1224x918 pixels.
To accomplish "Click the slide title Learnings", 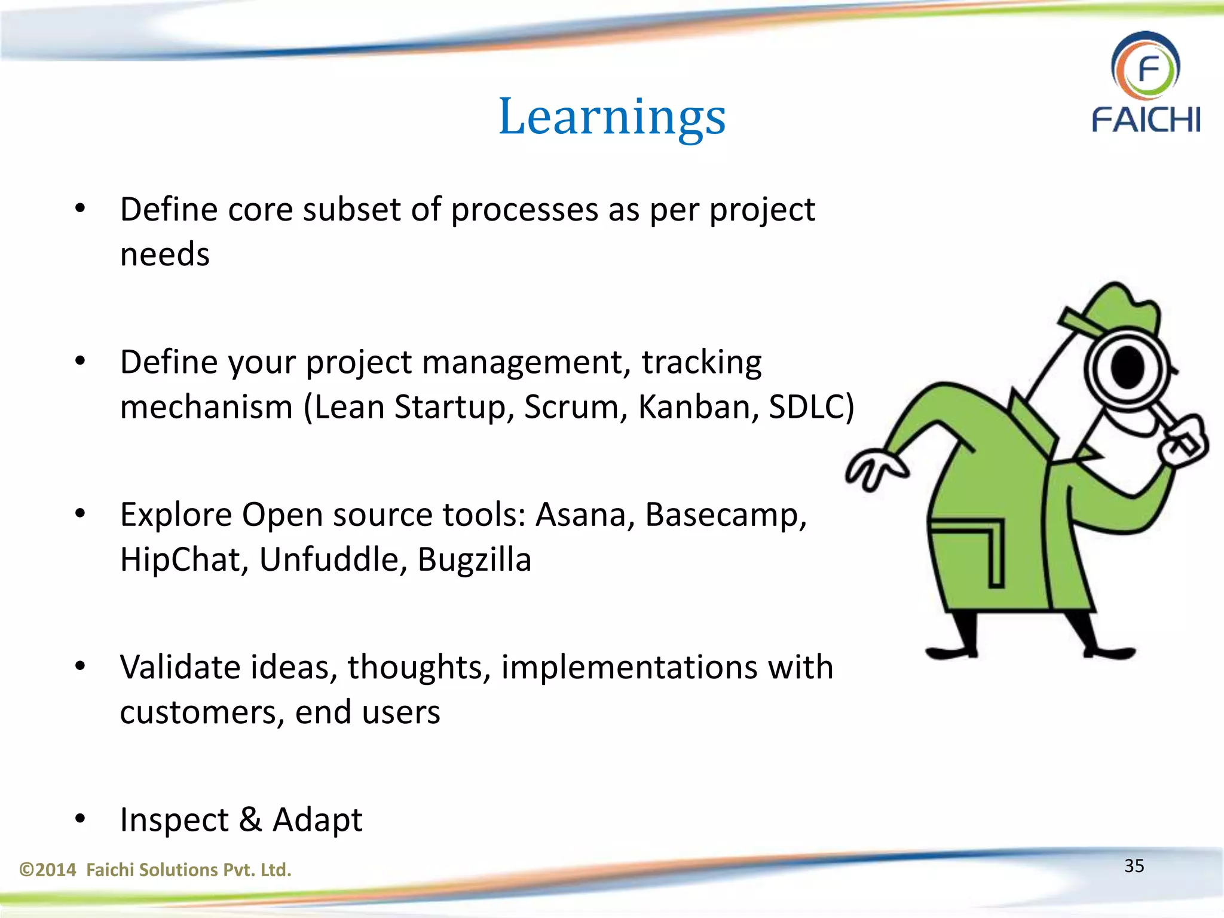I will (612, 117).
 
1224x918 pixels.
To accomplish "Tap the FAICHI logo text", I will (1146, 120).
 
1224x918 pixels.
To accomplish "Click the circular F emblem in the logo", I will (1146, 68).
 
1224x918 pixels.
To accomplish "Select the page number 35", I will (1134, 866).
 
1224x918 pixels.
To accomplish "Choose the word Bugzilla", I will (474, 560).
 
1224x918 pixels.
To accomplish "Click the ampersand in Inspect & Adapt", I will (250, 819).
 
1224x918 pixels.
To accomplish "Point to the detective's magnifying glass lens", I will (1127, 369).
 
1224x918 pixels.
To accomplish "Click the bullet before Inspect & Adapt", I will (81, 819).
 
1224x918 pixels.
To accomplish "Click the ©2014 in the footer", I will (48, 870).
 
